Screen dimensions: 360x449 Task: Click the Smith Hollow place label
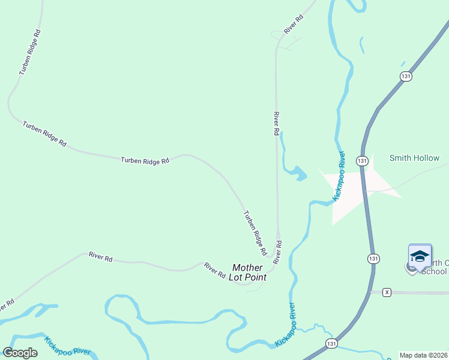(x=414, y=158)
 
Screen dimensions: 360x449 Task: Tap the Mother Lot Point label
(x=247, y=272)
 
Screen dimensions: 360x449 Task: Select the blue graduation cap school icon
(x=420, y=257)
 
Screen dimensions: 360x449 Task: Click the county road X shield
(x=387, y=292)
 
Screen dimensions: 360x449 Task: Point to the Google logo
(x=20, y=353)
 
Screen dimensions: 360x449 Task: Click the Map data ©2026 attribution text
(x=423, y=355)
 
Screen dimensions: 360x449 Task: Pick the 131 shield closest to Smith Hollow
(x=361, y=161)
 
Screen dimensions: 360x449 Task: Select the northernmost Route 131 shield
(x=406, y=76)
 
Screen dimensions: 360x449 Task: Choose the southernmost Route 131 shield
(x=331, y=343)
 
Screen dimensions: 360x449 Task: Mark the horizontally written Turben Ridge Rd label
(x=145, y=160)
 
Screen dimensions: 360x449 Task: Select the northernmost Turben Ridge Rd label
(x=29, y=53)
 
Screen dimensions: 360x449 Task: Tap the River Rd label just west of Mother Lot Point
(x=214, y=270)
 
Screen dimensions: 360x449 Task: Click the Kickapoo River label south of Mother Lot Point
(x=288, y=325)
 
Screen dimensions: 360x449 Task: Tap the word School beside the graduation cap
(x=434, y=271)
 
